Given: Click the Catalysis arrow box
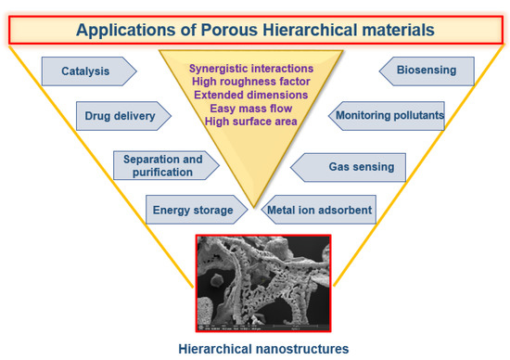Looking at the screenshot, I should (88, 70).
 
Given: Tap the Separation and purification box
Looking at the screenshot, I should (163, 165).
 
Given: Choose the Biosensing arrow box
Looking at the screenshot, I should (427, 70).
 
